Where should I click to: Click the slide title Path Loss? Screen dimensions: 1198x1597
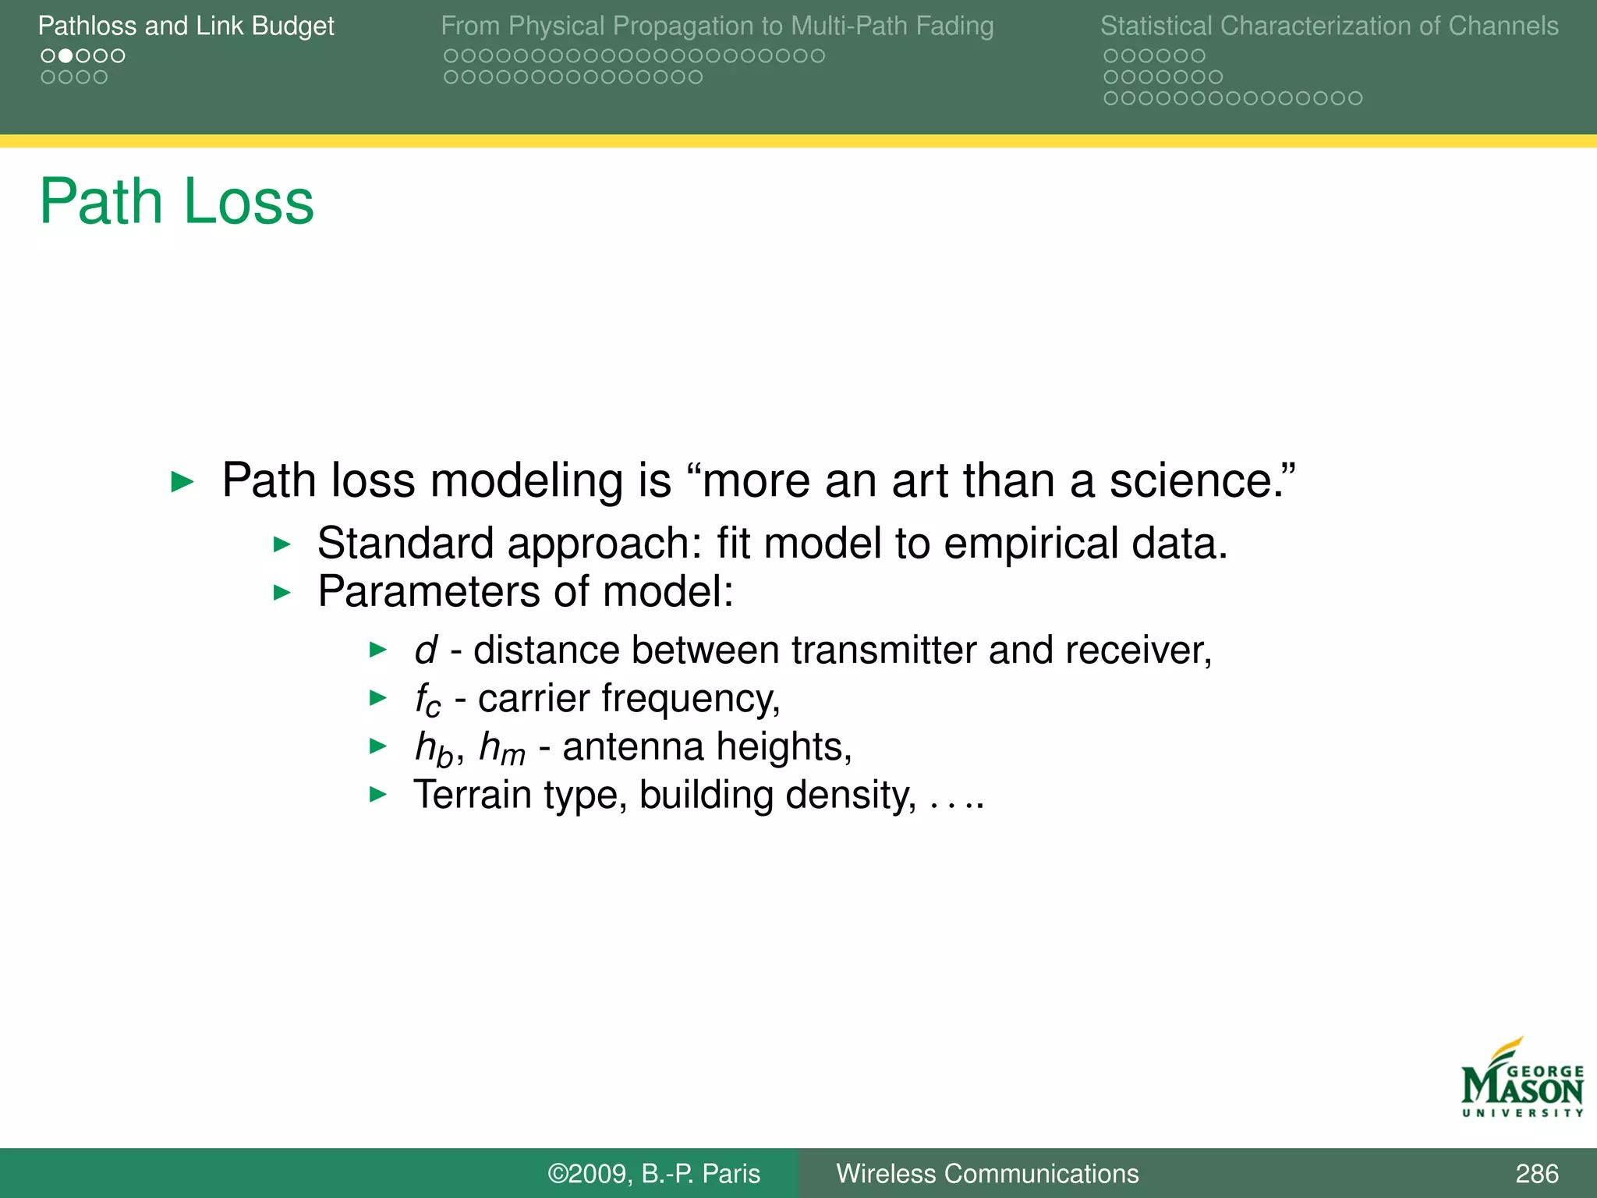point(176,201)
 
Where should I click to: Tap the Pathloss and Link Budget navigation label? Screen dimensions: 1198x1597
point(186,26)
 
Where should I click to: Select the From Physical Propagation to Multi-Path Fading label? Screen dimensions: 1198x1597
point(717,26)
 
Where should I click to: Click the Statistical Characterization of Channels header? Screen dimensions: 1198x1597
point(1329,26)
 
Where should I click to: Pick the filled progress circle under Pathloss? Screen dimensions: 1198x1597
point(66,56)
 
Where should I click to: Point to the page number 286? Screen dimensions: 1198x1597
point(1536,1173)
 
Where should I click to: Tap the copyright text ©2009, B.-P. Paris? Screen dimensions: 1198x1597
point(653,1173)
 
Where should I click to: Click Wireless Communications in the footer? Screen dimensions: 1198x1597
point(986,1173)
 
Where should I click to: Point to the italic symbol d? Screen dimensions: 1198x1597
point(426,650)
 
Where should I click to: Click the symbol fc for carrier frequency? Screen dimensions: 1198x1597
point(427,700)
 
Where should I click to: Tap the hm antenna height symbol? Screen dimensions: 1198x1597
point(501,747)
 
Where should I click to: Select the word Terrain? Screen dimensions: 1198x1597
point(473,795)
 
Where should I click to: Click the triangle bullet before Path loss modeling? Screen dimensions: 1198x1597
point(182,481)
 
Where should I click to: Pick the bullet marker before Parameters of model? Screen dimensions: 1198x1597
point(282,593)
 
